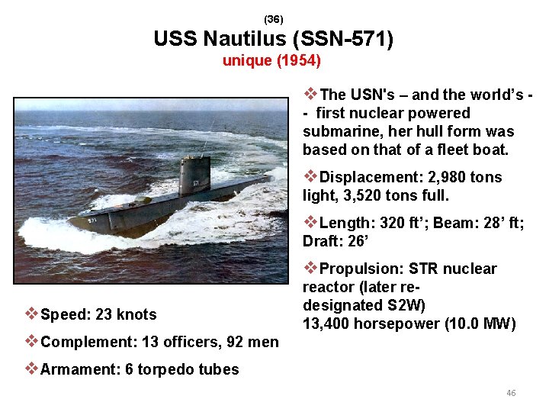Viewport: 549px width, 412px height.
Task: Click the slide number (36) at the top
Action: point(274,18)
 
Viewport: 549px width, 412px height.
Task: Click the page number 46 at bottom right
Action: point(511,393)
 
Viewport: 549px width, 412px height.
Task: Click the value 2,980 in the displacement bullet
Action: point(445,177)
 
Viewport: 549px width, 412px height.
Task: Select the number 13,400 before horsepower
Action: point(329,323)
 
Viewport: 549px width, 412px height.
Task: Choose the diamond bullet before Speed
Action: point(31,314)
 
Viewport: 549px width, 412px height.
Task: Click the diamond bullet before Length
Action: point(310,223)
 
